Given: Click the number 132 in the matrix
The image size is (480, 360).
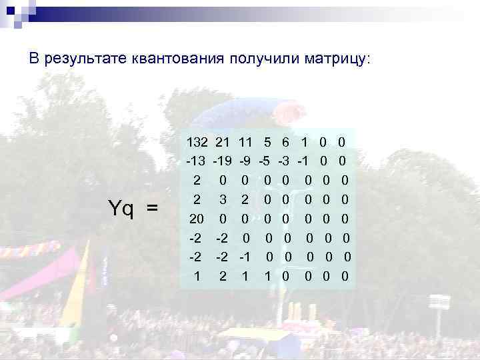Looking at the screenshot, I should (197, 142).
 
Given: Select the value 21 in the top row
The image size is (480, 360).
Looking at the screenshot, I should (223, 142).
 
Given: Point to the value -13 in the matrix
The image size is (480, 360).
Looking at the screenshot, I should (195, 161).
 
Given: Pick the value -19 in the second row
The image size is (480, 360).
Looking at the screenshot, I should (223, 161).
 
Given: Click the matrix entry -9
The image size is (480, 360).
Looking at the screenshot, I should (244, 161).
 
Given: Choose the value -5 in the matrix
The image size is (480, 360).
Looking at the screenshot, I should (265, 161).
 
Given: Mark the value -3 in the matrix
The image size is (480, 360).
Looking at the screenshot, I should (284, 161).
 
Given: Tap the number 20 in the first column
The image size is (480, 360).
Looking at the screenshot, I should (197, 219).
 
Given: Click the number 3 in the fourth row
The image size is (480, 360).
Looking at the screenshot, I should (224, 199).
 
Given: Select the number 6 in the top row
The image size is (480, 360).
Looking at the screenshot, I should (285, 142).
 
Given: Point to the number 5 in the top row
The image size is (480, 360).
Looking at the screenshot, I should (267, 142).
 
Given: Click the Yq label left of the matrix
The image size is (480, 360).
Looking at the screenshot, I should (121, 209).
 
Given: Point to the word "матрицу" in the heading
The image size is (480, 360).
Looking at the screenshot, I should (339, 59).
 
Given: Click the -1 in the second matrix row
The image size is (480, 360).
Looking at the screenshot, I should (303, 161).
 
